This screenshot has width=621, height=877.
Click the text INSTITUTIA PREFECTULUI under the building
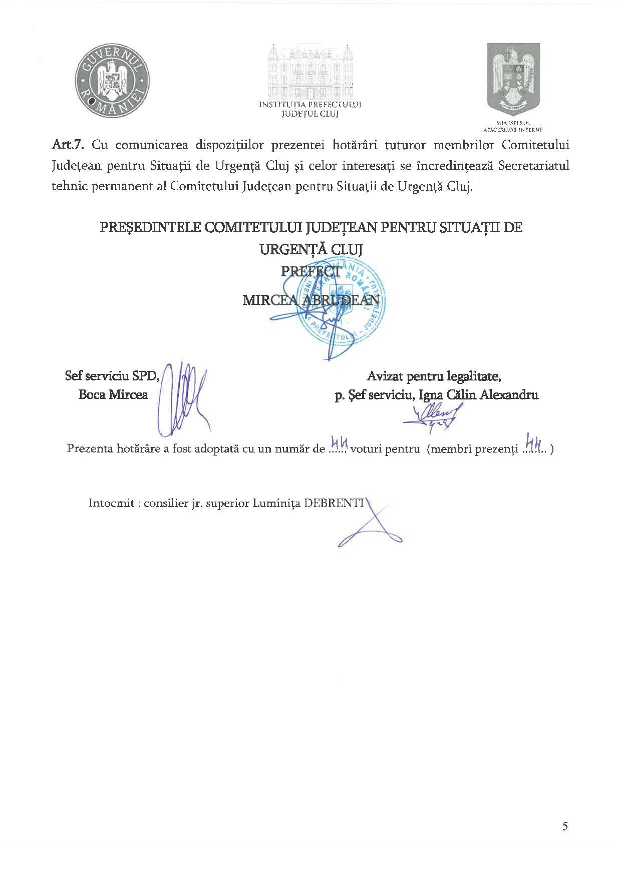[x=310, y=105]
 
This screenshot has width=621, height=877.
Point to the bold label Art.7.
[x=69, y=145]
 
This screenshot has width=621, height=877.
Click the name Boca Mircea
[x=113, y=394]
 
